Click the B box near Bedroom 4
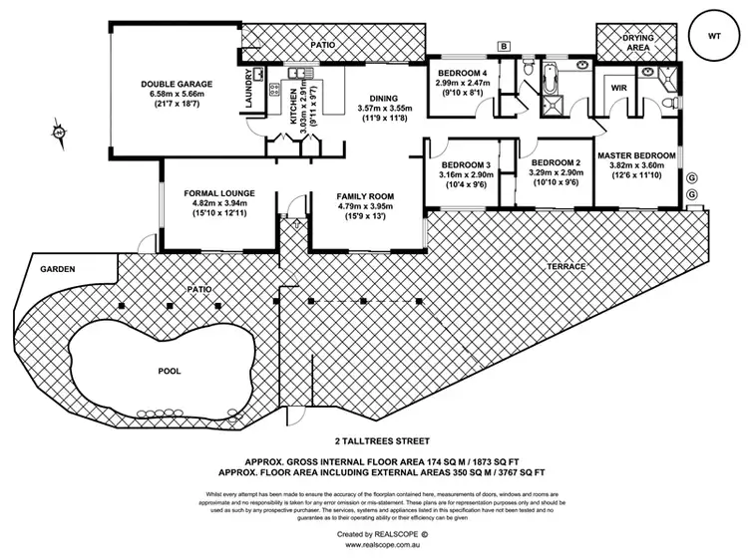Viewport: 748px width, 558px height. click(505, 47)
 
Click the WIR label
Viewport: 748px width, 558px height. click(618, 89)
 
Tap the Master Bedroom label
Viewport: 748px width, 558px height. click(636, 156)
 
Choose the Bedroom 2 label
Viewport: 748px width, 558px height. click(556, 163)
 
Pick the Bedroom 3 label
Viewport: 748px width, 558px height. click(465, 164)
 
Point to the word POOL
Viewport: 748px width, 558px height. click(170, 371)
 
